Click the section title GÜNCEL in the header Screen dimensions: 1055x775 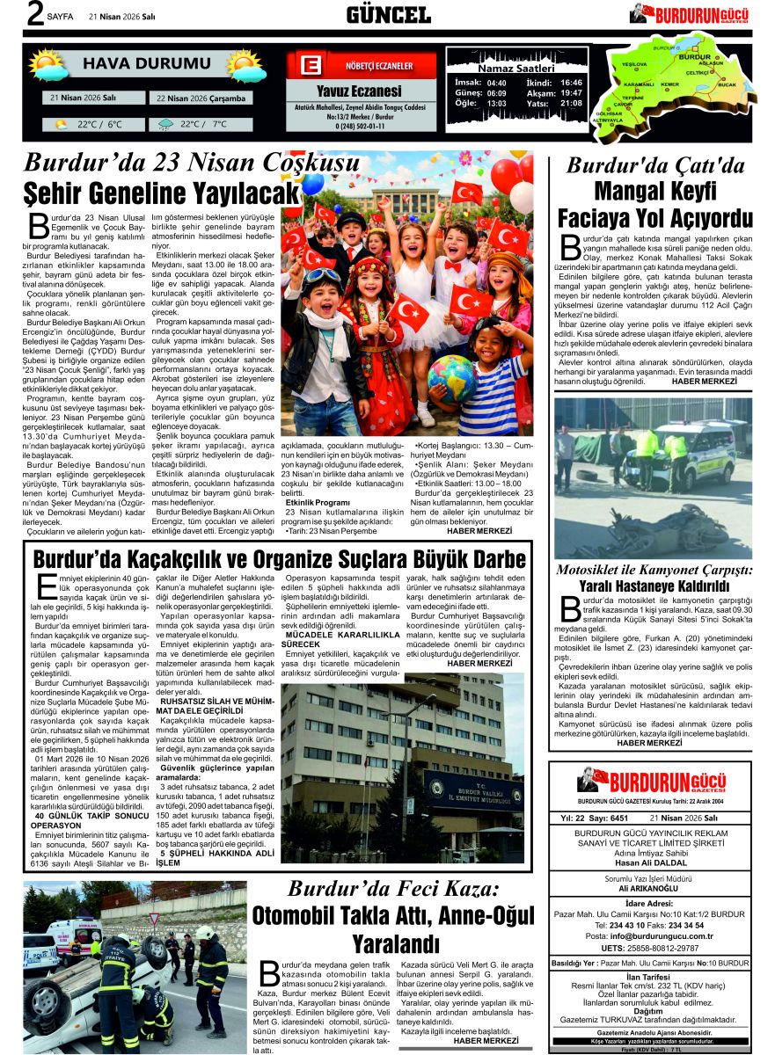click(x=388, y=14)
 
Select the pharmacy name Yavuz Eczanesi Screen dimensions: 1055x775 click(x=359, y=91)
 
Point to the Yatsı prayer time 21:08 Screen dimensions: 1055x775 click(x=571, y=104)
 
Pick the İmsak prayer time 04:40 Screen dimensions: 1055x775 click(x=496, y=82)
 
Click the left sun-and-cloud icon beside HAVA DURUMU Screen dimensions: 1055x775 click(x=49, y=65)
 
